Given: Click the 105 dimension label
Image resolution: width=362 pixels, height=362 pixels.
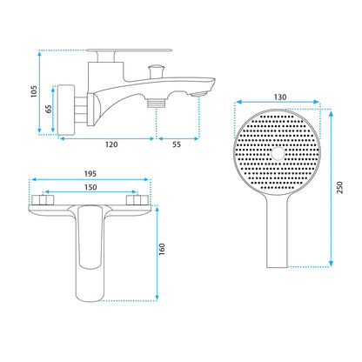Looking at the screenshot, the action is pos(34,91).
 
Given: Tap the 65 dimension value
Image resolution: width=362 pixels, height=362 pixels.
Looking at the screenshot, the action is pos(49,109).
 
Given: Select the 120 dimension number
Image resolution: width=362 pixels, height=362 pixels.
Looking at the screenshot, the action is pos(111,144).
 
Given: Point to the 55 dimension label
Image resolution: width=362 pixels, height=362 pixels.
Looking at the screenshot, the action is pos(177,144).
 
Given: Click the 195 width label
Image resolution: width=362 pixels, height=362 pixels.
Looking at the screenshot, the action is pos(90,173).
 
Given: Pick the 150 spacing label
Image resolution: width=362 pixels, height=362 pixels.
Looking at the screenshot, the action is pos(90,187).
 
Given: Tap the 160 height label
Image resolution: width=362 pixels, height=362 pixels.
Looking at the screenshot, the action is pos(162,249).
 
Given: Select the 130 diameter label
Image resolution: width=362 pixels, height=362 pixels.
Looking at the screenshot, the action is pos(280,97).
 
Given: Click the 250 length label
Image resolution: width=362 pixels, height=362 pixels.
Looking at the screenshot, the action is pos(339,187).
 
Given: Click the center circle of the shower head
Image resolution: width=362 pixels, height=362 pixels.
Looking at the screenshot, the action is pos(278,153).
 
